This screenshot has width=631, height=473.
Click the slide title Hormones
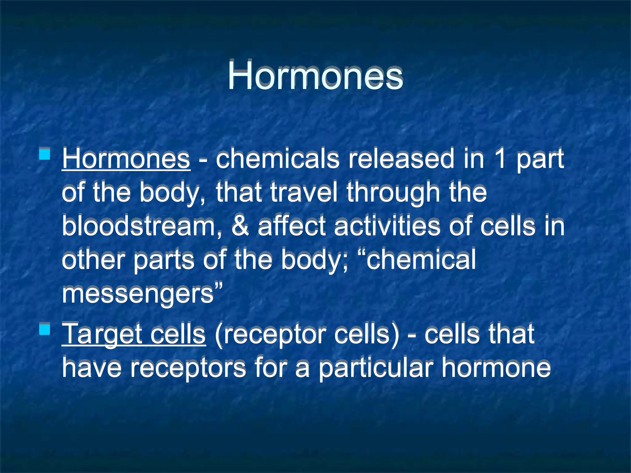[315, 76]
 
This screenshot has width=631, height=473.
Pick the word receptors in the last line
[188, 368]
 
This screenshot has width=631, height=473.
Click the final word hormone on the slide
[496, 368]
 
